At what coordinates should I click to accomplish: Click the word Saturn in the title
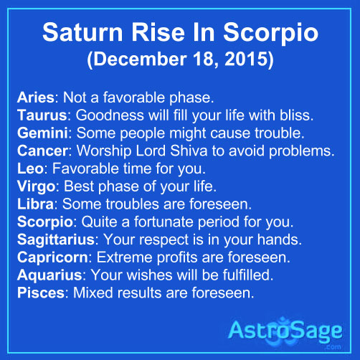(82, 32)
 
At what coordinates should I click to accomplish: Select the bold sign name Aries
(36, 98)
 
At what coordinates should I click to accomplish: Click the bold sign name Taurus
(42, 115)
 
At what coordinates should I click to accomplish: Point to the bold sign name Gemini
(42, 133)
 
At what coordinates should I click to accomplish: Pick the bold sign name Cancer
(43, 151)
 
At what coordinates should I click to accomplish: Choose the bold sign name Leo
(30, 169)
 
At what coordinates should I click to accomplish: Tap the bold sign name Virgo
(37, 186)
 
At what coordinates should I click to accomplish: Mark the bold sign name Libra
(36, 204)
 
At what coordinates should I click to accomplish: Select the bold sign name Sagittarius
(56, 240)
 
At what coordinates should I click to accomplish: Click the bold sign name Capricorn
(53, 257)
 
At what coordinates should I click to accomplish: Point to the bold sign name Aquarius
(49, 275)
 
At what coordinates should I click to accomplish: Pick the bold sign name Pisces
(41, 293)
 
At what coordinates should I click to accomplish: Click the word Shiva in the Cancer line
(189, 151)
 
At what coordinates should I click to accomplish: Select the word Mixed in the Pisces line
(93, 293)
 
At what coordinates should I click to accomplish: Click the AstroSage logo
(285, 332)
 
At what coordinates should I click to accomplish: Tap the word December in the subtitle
(140, 59)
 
